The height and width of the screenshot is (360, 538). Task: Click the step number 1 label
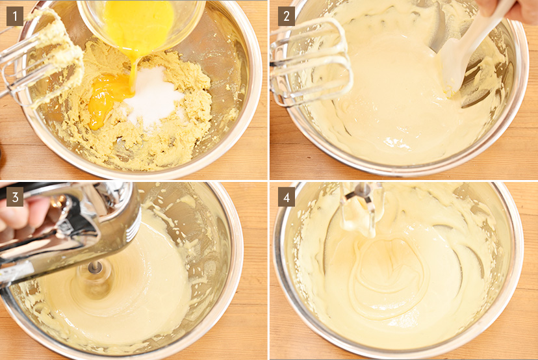coord(15,16)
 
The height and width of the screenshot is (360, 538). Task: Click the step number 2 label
coord(286,16)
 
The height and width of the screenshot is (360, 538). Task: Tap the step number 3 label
coord(15,197)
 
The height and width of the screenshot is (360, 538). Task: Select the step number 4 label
coord(286,197)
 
